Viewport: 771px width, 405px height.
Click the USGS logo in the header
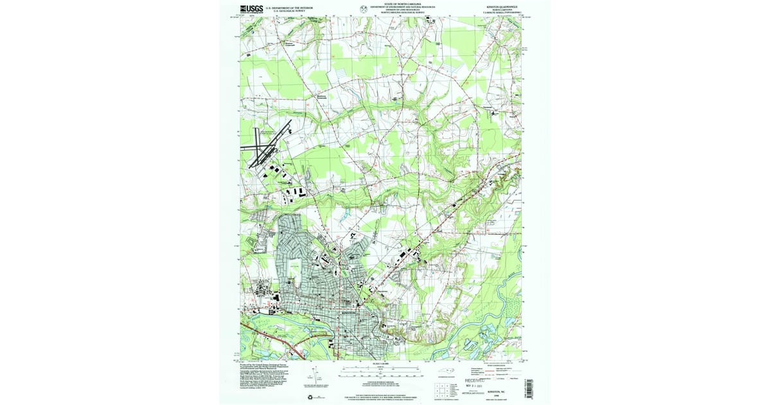point(252,9)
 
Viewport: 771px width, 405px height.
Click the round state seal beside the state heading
point(364,9)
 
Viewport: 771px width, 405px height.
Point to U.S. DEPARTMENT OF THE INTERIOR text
point(292,7)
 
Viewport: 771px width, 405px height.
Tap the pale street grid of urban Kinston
point(308,276)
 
